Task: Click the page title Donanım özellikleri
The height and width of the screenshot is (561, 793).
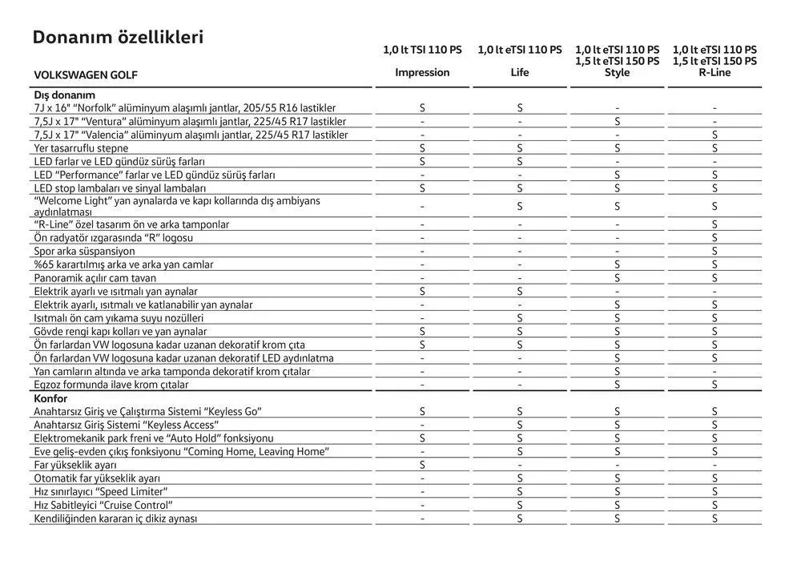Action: [x=118, y=38]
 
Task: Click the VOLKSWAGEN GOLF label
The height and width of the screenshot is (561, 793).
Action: [x=86, y=75]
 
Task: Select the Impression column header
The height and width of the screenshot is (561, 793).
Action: [x=422, y=72]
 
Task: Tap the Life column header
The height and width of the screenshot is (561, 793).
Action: [x=520, y=72]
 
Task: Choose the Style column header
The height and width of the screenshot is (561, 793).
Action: [x=617, y=72]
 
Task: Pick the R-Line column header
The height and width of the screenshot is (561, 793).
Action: [x=715, y=72]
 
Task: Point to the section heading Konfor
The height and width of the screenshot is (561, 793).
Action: [x=50, y=398]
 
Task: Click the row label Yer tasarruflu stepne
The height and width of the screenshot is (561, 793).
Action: [x=81, y=148]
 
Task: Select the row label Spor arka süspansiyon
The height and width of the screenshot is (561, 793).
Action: [x=85, y=251]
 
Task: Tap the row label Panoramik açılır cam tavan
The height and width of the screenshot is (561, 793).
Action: [x=95, y=278]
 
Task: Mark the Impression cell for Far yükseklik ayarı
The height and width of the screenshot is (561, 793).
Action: [x=422, y=465]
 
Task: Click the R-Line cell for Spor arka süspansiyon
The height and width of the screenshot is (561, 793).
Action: [x=715, y=251]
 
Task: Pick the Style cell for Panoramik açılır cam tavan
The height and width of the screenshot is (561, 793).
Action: [x=617, y=278]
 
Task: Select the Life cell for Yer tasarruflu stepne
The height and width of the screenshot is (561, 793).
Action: [x=520, y=148]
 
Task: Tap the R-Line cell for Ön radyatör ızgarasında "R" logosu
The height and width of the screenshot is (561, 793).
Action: [x=715, y=238]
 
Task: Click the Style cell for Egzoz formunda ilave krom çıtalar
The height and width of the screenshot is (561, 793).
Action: [x=617, y=385]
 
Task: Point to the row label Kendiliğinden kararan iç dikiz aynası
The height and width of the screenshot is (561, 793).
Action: [x=115, y=519]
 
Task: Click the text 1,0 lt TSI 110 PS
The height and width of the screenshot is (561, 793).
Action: [x=422, y=50]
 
